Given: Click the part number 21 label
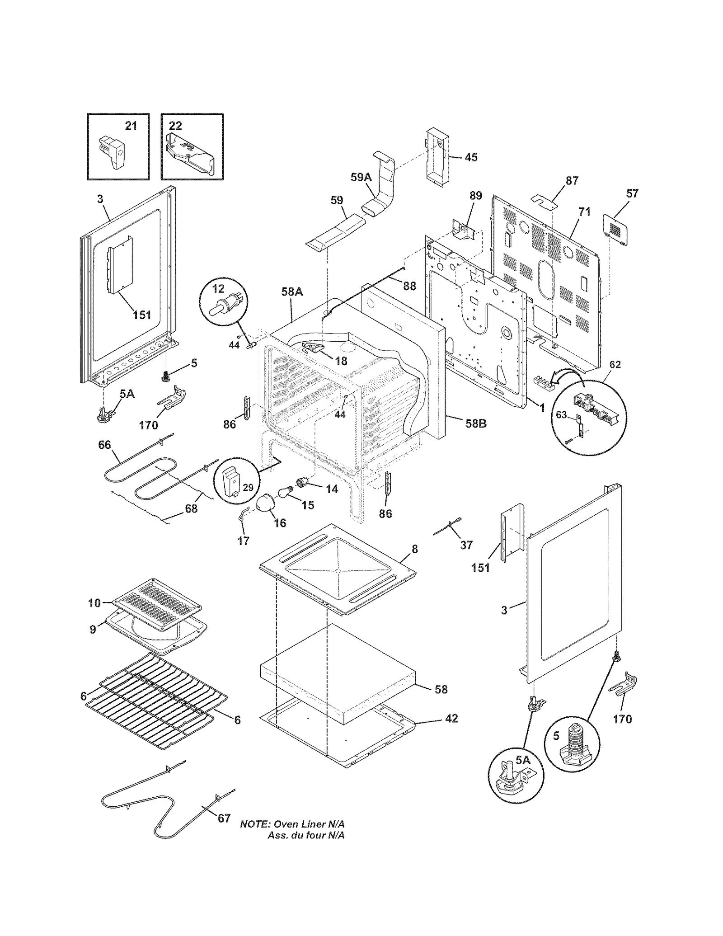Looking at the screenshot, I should click(x=131, y=126).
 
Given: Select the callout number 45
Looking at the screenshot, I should click(x=471, y=157).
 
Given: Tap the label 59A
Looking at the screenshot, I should click(x=361, y=178).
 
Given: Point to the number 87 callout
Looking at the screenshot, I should click(x=572, y=180).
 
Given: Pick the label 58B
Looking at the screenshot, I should click(x=475, y=423).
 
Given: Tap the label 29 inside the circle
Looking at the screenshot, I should click(x=248, y=488).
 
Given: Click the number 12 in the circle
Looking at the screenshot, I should click(x=218, y=289).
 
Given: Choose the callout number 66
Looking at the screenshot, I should click(x=104, y=445).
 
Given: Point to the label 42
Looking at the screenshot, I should click(x=451, y=718).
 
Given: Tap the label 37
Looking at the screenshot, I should click(x=466, y=545).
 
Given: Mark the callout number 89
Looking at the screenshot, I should click(x=476, y=195).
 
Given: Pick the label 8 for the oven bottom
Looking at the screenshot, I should click(x=414, y=549).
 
